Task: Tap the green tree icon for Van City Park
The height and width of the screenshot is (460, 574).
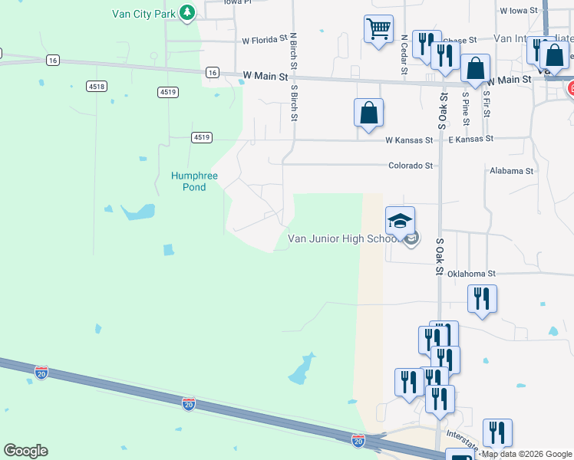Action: (186, 12)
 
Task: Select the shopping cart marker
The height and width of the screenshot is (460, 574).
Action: (378, 29)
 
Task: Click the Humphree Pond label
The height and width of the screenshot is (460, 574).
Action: (194, 182)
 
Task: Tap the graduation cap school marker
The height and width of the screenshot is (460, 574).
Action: (399, 222)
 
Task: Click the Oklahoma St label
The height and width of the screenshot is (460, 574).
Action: (472, 273)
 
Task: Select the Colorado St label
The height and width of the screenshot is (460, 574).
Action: (411, 165)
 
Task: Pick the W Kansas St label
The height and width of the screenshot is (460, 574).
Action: (409, 140)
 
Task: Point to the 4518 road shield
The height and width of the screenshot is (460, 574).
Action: (97, 87)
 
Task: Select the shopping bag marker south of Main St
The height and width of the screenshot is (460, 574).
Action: (368, 112)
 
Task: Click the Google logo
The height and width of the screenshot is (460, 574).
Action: (25, 451)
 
